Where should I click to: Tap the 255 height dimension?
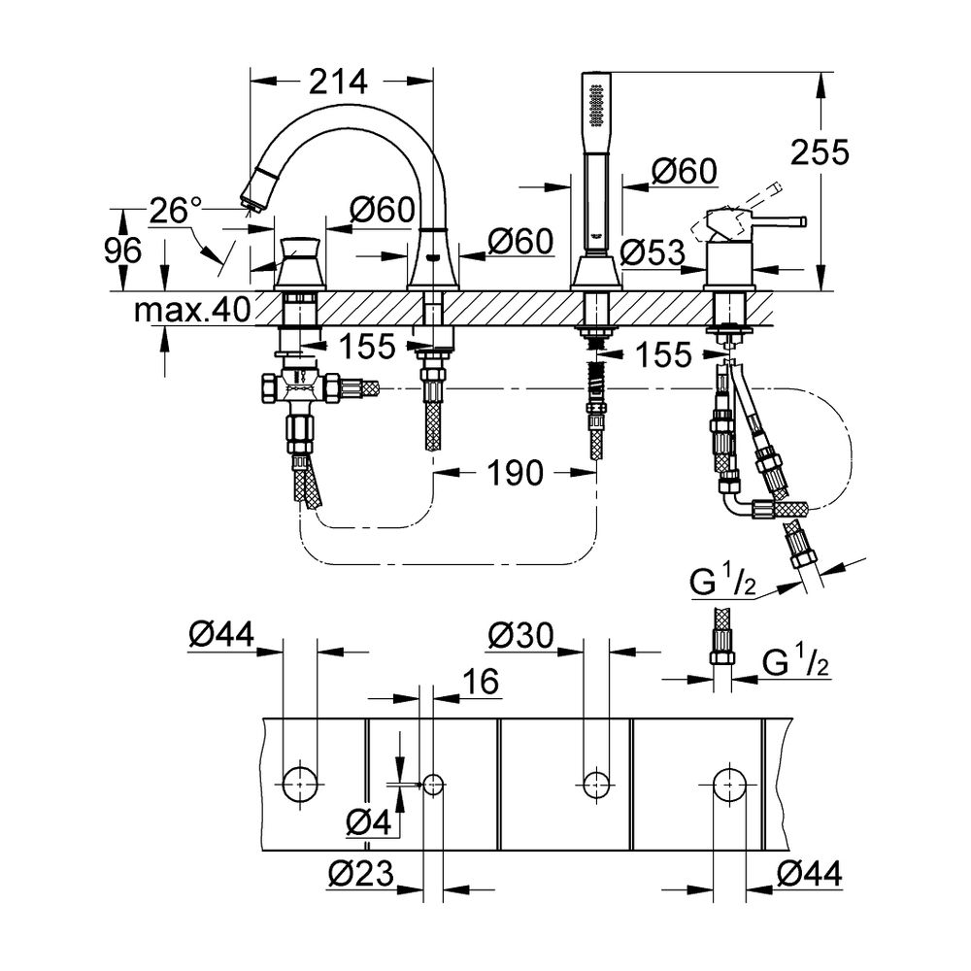coord(820,152)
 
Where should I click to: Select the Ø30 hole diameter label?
coord(521,636)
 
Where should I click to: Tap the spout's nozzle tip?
coord(253,199)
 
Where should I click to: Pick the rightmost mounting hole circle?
coord(730,781)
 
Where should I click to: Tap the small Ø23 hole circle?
coord(433,783)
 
